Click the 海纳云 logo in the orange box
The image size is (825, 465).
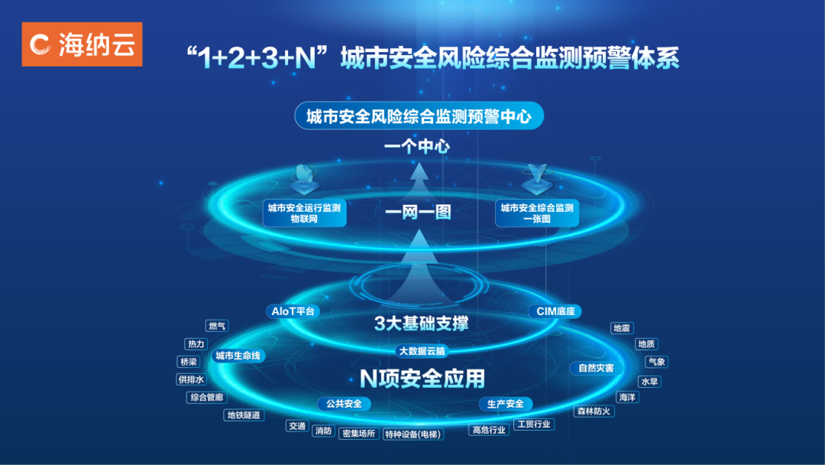[82, 44]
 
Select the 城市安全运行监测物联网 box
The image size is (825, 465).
[304, 213]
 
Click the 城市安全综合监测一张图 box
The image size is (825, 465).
[537, 213]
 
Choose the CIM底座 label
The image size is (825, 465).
[555, 311]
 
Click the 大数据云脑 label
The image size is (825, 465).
[422, 351]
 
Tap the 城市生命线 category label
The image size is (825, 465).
[238, 356]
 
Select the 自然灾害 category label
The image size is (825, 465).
[596, 368]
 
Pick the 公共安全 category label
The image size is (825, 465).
[344, 404]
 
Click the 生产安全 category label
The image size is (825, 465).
[506, 404]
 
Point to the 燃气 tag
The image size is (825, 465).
[218, 327]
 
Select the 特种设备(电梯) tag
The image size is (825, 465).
[413, 433]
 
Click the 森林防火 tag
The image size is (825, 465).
[594, 411]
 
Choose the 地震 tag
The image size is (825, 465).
[621, 328]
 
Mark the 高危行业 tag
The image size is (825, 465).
[489, 430]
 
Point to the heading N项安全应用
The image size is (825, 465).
[422, 378]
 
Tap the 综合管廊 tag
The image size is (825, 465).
[207, 398]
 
